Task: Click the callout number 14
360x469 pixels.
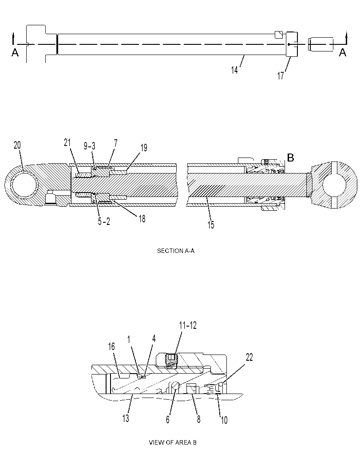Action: coord(234,70)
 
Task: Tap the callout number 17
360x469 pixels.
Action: coord(281,76)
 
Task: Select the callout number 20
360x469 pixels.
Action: coord(17,146)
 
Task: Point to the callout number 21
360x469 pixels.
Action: coord(67,143)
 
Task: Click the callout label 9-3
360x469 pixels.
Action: coord(90,146)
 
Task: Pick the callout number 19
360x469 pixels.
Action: coord(144,148)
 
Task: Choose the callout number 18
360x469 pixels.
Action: coord(142,219)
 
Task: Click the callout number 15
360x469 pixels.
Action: coord(211,225)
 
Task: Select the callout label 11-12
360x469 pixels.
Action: coord(188,325)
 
